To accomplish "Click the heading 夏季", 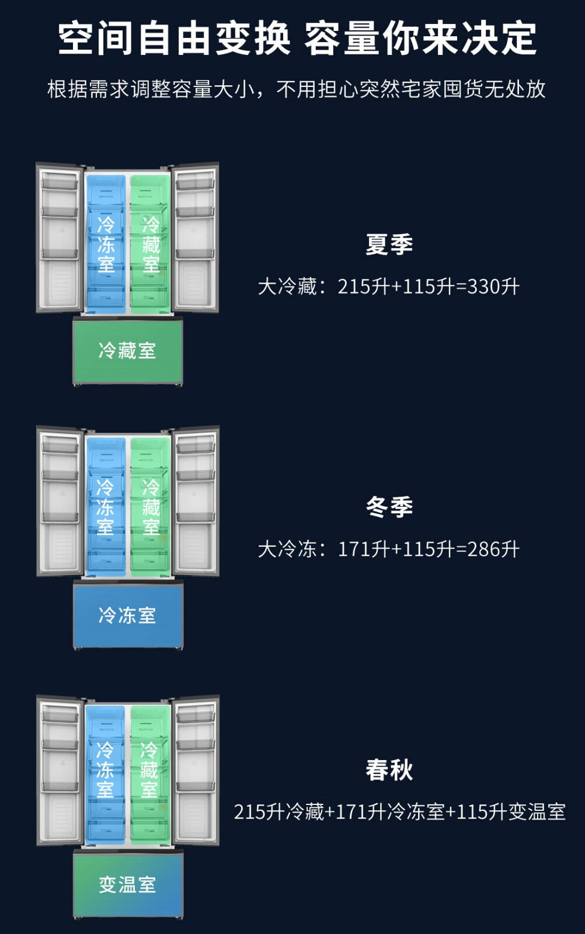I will pos(389,244).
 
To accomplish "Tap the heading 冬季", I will pos(389,507).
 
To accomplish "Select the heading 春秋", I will pos(389,770).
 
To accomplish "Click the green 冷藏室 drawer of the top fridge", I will pos(127,351).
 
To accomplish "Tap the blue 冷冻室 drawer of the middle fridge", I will pos(127,615).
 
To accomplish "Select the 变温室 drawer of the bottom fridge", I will pos(127,884).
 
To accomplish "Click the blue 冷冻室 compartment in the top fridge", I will pos(106,242).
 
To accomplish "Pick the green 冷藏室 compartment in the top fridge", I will pos(150,242).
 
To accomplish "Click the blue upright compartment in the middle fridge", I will pos(106,506).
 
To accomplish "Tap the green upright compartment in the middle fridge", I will pos(150,506).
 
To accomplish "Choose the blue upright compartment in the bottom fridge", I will pos(105,773).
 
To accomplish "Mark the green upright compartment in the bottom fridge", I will pos(149,773).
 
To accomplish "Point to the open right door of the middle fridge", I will pos(196,501).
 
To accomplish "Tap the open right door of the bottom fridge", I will pos(196,769).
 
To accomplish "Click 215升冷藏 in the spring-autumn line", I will pos(278,812).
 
